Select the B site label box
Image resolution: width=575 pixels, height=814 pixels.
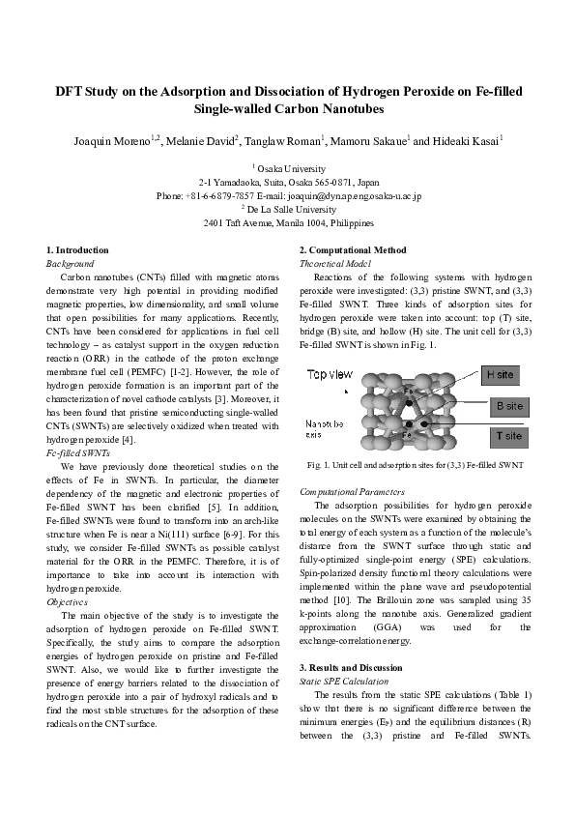coord(507,405)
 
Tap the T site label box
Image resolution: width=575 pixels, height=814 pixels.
coord(507,437)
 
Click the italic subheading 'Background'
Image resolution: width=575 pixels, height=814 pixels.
coord(71,263)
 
